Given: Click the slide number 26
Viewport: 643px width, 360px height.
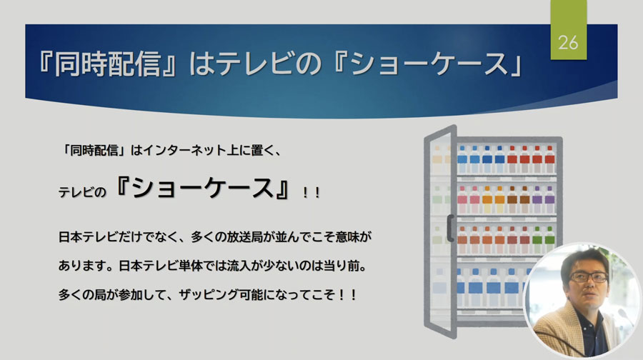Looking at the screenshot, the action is tap(568, 43).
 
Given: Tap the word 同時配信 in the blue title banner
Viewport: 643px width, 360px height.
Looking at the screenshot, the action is tap(107, 64).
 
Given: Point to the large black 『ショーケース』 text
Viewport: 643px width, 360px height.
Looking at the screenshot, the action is tap(203, 188).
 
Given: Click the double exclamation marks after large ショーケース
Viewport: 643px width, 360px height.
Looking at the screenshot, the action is tap(311, 193).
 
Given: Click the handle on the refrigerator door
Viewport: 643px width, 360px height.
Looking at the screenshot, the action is tap(450, 228).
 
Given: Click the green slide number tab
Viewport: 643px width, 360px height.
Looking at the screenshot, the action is tap(569, 29).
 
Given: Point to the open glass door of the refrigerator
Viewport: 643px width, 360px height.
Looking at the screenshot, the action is tap(440, 231).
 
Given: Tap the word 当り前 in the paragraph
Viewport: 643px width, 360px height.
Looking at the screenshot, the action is tap(342, 266).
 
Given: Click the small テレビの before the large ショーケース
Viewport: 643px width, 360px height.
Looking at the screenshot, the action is tap(82, 192).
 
